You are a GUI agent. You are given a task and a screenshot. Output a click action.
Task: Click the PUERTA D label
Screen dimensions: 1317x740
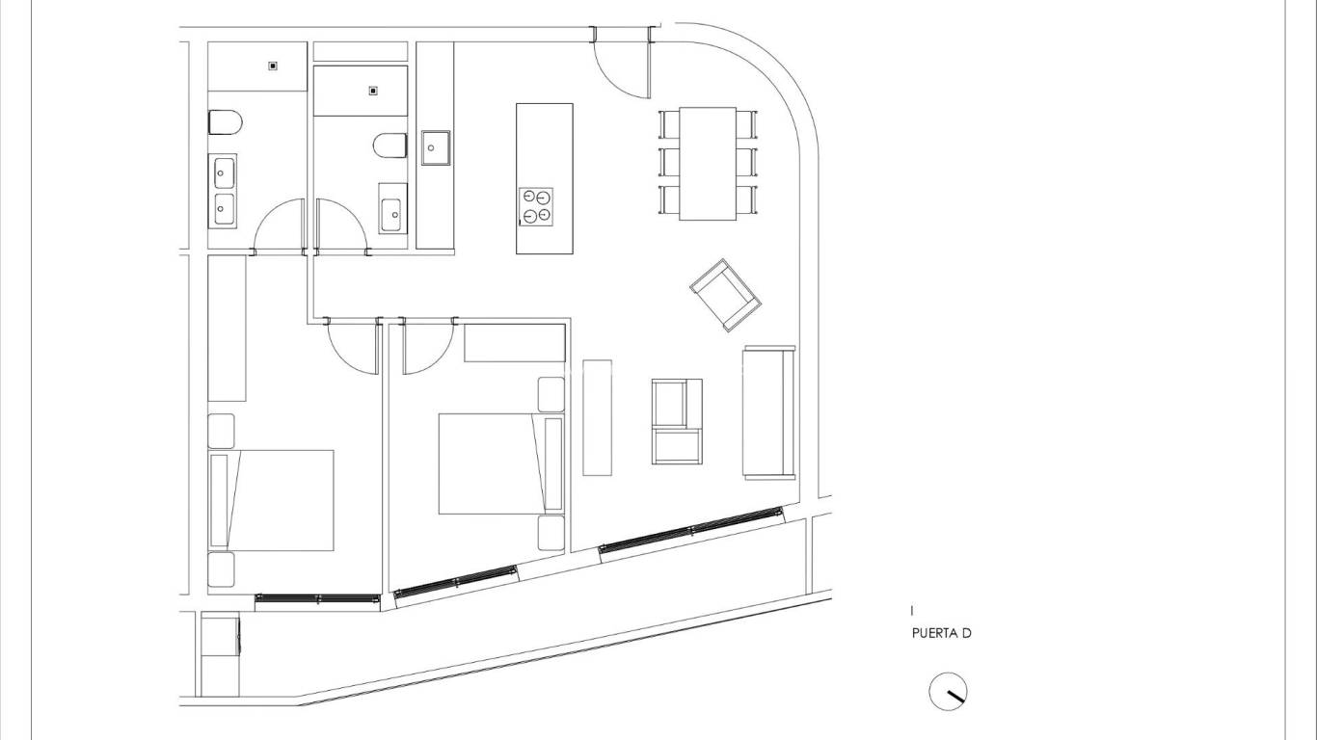(x=941, y=634)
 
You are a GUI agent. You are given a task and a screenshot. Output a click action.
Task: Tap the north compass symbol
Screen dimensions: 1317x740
(x=948, y=691)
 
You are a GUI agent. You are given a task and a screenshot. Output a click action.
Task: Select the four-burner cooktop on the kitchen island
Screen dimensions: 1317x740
(x=536, y=206)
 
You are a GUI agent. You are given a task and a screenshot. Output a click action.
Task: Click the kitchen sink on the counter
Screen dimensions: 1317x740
(x=436, y=147)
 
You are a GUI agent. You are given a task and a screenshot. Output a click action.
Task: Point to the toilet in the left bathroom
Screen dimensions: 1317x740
(x=226, y=122)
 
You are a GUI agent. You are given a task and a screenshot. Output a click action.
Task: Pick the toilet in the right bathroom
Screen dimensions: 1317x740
(x=390, y=145)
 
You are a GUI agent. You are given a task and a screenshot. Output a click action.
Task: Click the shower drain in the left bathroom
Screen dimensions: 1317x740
(x=273, y=66)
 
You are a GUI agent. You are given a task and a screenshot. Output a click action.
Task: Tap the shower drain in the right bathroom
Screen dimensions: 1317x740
(x=373, y=91)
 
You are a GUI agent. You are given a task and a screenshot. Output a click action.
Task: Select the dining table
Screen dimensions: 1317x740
(x=708, y=164)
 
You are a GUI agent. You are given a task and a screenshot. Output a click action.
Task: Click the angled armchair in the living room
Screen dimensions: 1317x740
(x=726, y=295)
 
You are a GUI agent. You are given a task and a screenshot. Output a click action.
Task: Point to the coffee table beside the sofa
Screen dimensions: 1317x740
(x=677, y=421)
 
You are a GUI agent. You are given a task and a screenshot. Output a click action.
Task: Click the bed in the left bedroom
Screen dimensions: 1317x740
(x=271, y=501)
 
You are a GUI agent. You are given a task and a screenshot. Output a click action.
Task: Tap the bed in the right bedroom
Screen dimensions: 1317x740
(x=501, y=463)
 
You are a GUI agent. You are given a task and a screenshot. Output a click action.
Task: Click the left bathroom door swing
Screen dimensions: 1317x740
(x=280, y=225)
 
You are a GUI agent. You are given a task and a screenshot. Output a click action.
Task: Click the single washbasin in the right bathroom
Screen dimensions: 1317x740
(x=391, y=215)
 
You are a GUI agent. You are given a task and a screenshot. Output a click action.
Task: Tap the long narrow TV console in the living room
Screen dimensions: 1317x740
(x=598, y=417)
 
